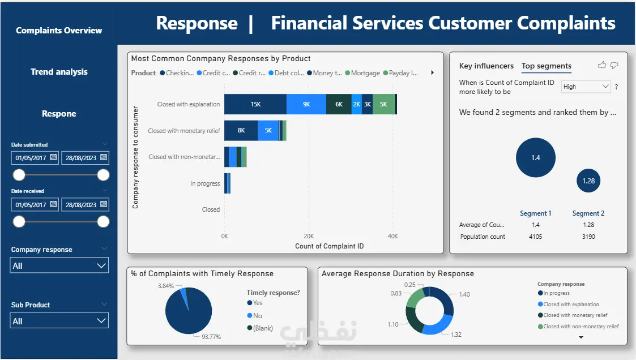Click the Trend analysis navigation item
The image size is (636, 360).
coord(59,72)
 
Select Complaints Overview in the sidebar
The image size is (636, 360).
coord(59,31)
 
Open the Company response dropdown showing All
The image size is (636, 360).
coord(59,265)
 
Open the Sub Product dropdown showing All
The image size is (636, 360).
coord(59,321)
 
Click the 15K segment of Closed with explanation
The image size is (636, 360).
coord(255,104)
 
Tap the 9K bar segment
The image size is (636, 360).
coord(306,104)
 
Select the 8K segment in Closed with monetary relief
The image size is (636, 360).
coord(241,130)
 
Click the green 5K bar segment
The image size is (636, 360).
coord(383,104)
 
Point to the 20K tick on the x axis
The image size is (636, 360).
coord(309,235)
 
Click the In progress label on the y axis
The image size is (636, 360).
coord(205,183)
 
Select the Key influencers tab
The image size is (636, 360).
coord(486,66)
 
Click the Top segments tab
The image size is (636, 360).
coord(546,66)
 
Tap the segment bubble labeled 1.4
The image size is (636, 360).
coord(535,157)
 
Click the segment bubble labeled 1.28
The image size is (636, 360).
coord(588,181)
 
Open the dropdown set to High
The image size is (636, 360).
coord(586,87)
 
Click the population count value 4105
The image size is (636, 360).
coord(535,237)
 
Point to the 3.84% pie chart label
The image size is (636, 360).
coord(166,286)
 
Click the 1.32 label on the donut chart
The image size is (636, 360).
coord(456,335)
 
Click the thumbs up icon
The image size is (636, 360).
coord(602,66)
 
